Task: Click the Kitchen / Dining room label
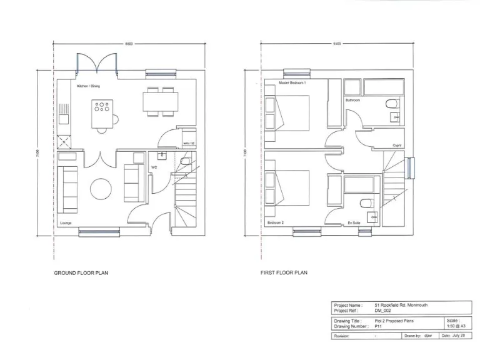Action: coord(88,86)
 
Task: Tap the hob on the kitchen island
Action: coord(101,106)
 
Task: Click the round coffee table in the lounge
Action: coord(101,188)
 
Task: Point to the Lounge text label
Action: coord(66,223)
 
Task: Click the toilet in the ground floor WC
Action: coord(186,161)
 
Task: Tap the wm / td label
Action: coord(188,143)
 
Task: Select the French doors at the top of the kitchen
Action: coord(98,65)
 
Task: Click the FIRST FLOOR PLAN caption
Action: coord(284,273)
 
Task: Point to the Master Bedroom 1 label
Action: coord(283,82)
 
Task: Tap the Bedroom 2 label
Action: coord(276,223)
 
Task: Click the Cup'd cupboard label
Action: coord(397,145)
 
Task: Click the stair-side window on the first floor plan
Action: coord(410,167)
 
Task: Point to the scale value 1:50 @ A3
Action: coord(456,326)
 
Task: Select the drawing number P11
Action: coord(378,326)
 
